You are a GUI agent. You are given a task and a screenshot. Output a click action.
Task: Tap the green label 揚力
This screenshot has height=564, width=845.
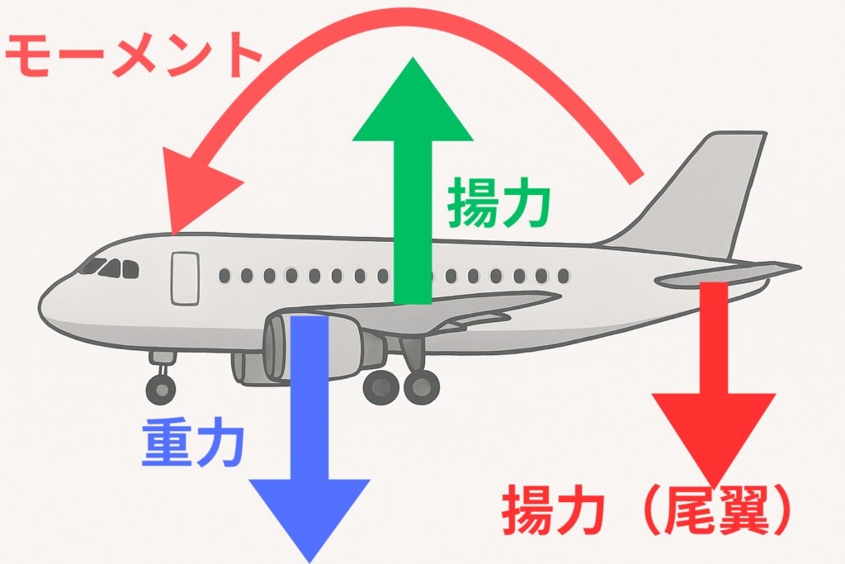tap(498, 202)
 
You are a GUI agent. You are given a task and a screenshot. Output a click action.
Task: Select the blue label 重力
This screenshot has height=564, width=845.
tap(193, 442)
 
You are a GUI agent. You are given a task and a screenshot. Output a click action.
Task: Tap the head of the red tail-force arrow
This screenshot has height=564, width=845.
tap(714, 434)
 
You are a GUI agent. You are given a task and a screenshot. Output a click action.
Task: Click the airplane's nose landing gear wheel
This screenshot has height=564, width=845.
tap(161, 388)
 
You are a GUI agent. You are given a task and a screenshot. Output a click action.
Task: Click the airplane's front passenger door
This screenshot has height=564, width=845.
tap(186, 279)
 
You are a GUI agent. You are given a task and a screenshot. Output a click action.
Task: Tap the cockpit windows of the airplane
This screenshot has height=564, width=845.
tap(111, 268)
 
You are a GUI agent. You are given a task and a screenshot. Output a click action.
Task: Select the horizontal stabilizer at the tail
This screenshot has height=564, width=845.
tap(728, 275)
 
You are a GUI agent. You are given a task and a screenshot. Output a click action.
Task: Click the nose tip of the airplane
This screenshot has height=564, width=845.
tap(39, 307)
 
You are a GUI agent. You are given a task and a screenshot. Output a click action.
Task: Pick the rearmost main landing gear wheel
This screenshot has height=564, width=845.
tap(422, 386)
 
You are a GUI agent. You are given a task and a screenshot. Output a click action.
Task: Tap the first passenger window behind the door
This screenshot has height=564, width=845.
tap(224, 276)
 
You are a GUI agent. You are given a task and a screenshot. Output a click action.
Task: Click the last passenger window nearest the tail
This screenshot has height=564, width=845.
tap(564, 276)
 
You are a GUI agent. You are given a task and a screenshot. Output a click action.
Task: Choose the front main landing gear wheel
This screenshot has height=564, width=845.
tap(381, 387)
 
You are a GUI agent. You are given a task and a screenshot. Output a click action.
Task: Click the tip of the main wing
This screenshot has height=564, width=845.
tap(560, 296)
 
